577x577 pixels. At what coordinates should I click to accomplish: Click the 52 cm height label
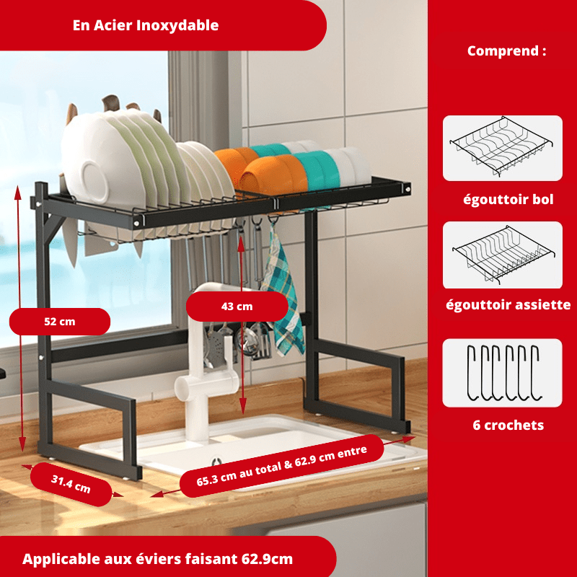point(60,322)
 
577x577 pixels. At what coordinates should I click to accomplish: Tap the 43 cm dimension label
point(237,307)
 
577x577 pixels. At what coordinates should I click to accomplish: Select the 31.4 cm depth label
point(71,484)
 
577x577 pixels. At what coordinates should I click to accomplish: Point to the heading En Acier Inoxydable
point(146,25)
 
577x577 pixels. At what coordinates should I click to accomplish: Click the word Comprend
point(503,50)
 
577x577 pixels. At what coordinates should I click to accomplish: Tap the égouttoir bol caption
point(508,200)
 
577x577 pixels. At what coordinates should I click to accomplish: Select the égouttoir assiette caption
point(508,304)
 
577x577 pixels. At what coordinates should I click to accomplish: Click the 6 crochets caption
point(508,425)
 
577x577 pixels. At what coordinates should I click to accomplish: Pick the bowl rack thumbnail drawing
point(501,146)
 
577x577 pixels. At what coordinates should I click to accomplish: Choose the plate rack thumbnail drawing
point(503,255)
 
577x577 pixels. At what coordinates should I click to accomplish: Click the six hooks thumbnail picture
point(503,373)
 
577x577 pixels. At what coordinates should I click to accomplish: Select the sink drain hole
point(216,462)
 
